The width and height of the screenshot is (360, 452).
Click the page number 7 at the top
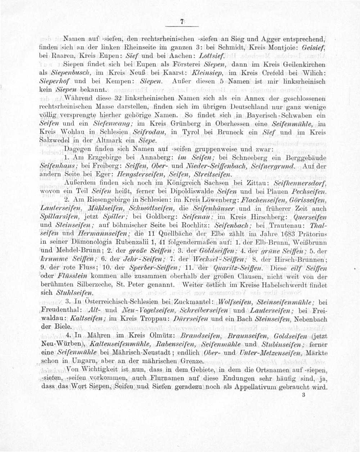(x=182, y=22)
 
